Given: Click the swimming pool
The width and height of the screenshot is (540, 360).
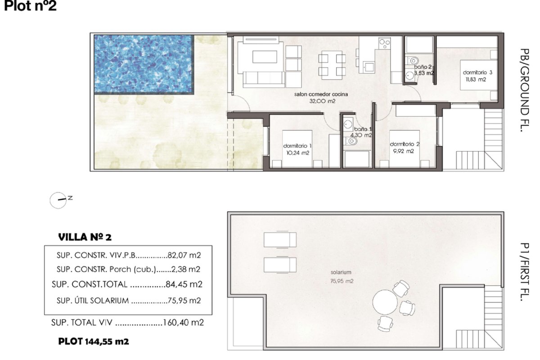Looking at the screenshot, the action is [144, 64].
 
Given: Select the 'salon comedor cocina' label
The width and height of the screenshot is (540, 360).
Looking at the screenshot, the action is [321, 94].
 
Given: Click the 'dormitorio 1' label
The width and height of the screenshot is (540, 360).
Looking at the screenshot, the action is [297, 146].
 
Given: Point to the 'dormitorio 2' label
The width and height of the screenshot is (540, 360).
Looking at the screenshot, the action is [405, 144].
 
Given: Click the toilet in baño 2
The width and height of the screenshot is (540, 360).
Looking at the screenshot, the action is [413, 60].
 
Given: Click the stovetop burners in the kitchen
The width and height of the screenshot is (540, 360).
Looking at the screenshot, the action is [384, 43].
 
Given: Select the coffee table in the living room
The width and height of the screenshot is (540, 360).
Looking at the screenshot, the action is [265, 57].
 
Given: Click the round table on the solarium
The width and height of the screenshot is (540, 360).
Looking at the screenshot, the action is [385, 302].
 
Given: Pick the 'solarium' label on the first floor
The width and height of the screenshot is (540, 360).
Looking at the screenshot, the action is [341, 272].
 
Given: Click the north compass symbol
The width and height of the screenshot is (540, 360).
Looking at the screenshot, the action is [58, 200].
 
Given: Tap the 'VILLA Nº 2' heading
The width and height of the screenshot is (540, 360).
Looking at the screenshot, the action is [85, 237].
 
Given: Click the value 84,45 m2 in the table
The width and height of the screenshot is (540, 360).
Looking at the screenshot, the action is [184, 284].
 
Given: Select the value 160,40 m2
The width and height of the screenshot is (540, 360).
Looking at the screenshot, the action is [184, 322].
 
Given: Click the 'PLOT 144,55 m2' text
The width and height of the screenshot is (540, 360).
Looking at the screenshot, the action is [94, 342].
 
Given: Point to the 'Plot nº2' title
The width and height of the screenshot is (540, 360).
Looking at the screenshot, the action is [31, 6].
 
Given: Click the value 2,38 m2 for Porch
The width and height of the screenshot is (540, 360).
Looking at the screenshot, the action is [186, 269].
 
